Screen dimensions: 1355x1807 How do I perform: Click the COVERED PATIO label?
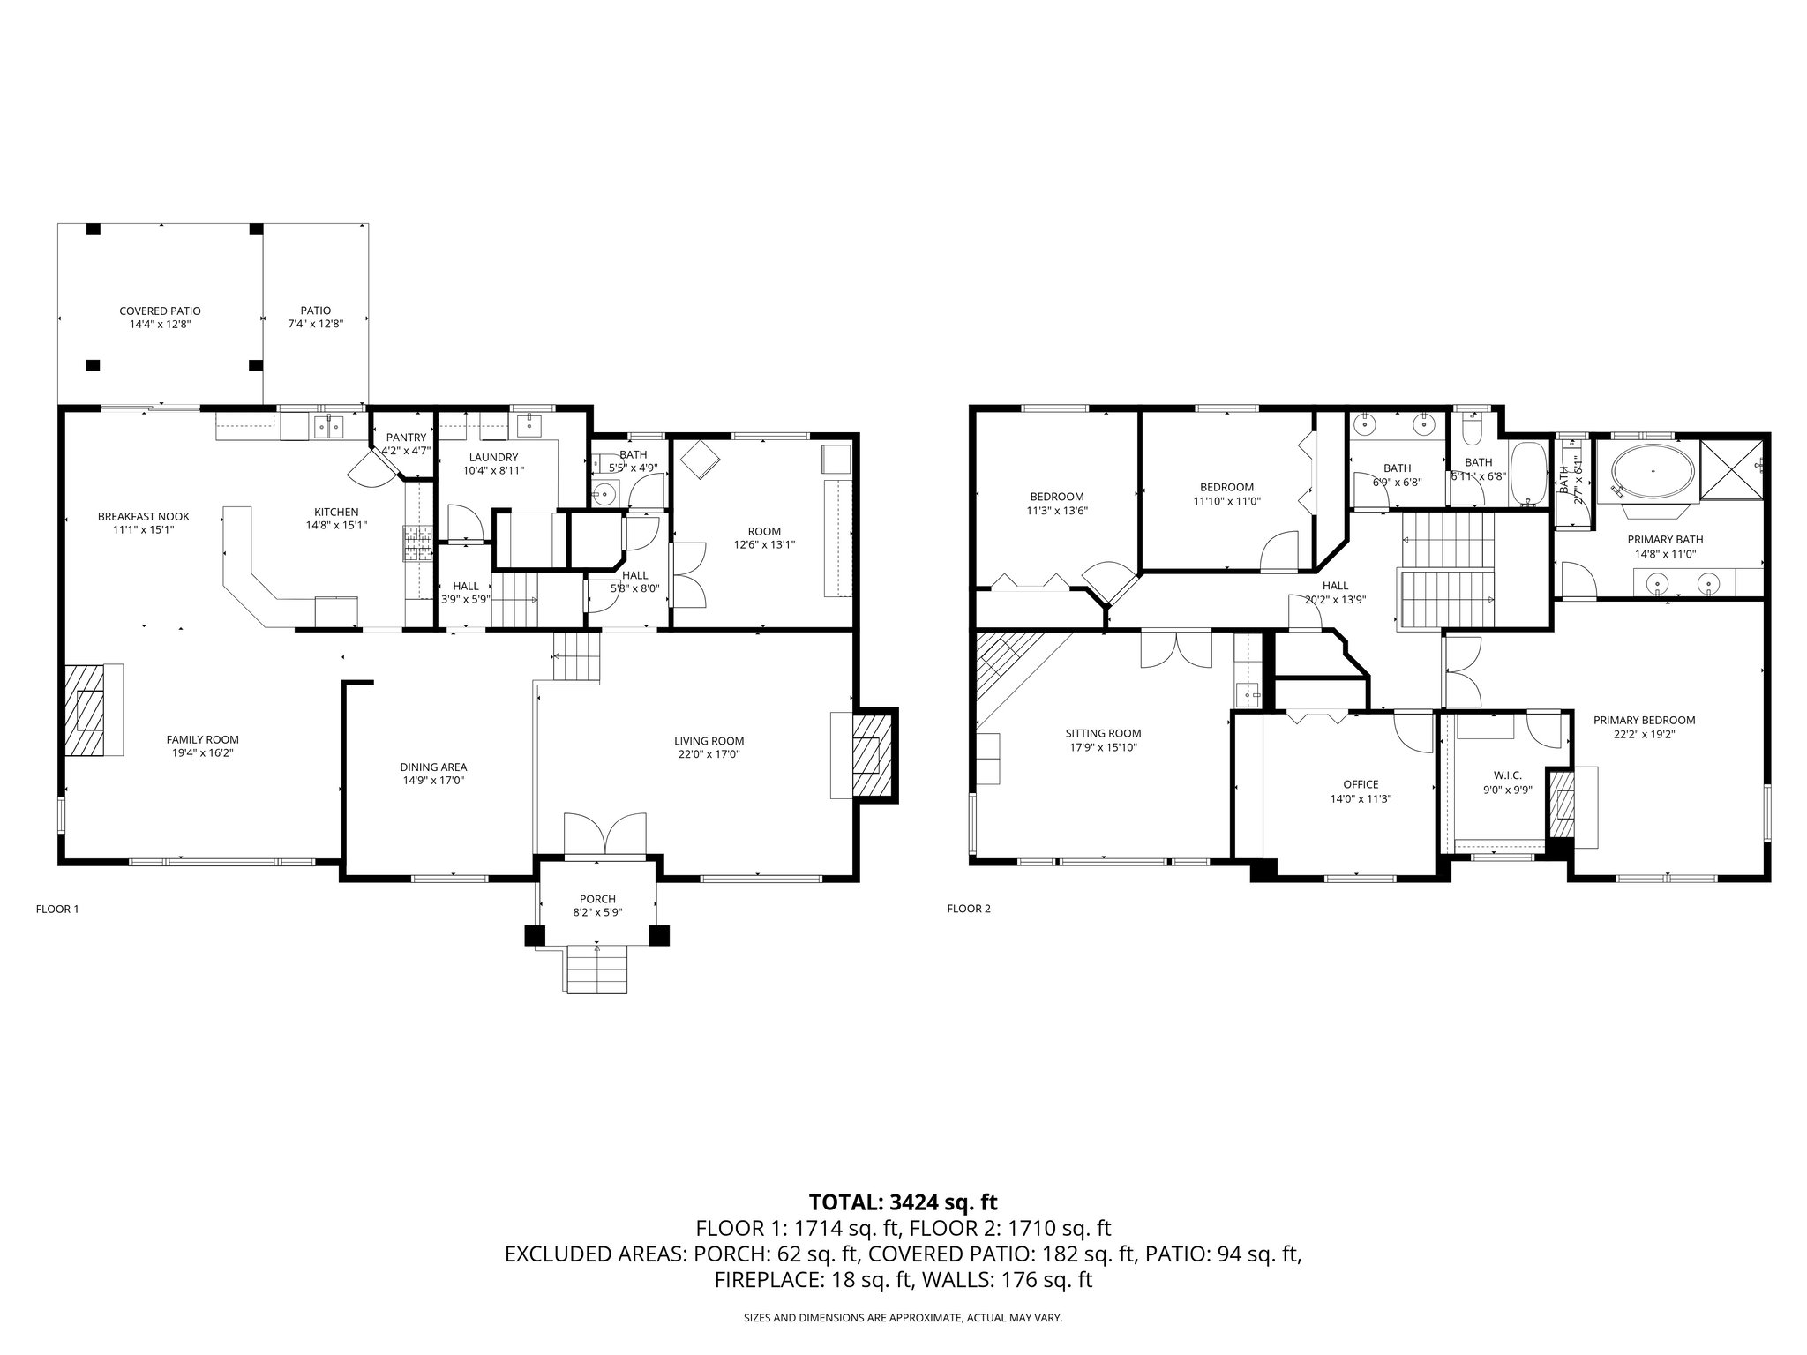pyautogui.click(x=160, y=311)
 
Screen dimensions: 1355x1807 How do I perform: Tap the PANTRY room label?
pyautogui.click(x=406, y=438)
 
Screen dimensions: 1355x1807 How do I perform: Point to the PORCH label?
pyautogui.click(x=597, y=899)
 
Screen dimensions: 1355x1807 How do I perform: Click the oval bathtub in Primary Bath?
pyautogui.click(x=1653, y=473)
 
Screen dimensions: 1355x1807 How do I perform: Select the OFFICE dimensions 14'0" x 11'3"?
pyautogui.click(x=1361, y=798)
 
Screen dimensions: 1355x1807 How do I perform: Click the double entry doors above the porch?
pyautogui.click(x=605, y=833)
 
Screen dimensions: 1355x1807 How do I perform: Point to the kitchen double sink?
pyautogui.click(x=330, y=427)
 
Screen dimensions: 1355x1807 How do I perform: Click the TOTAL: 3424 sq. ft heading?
pyautogui.click(x=903, y=1202)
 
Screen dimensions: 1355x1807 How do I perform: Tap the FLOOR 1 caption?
pyautogui.click(x=57, y=909)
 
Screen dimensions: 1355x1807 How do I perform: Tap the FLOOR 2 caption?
pyautogui.click(x=969, y=909)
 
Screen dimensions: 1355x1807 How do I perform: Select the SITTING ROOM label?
pyautogui.click(x=1103, y=733)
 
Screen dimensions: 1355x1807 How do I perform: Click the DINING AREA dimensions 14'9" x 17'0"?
pyautogui.click(x=433, y=781)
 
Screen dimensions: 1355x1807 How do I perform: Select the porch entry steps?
pyautogui.click(x=597, y=969)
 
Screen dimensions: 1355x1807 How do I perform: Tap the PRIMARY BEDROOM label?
pyautogui.click(x=1644, y=720)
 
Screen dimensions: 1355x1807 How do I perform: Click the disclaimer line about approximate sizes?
pyautogui.click(x=903, y=1318)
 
